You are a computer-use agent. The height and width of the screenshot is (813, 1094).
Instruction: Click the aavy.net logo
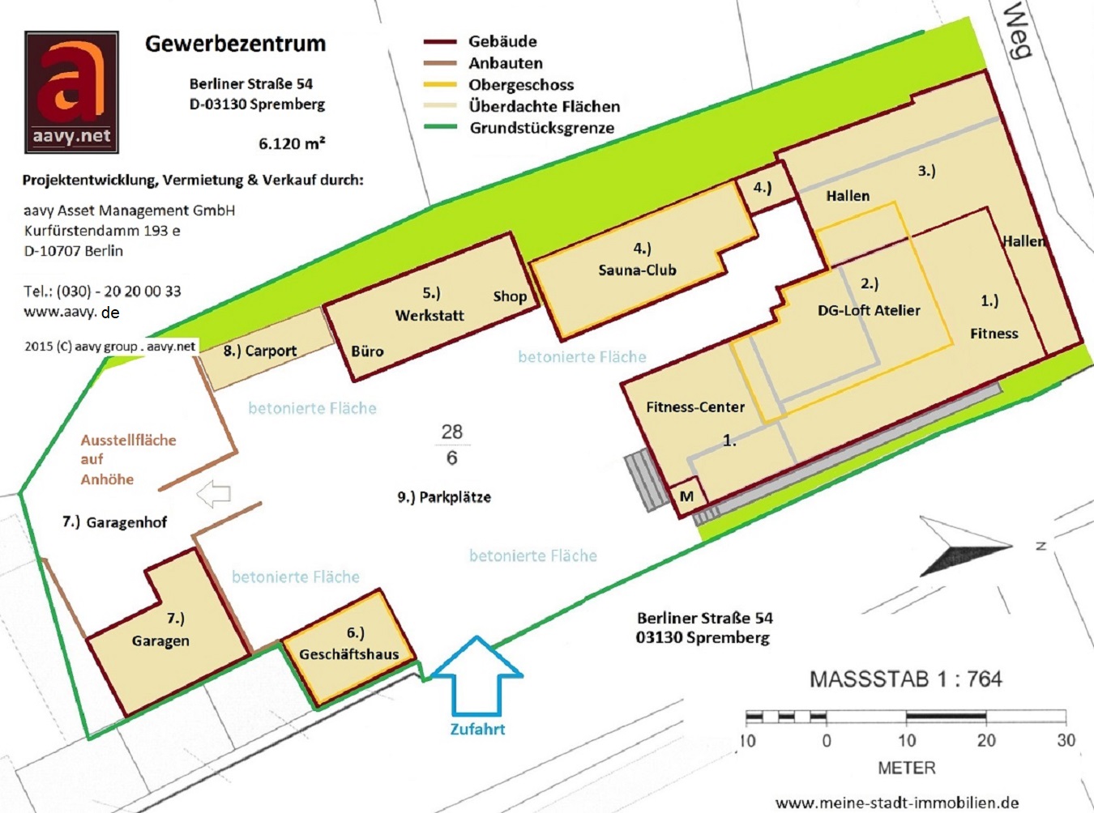click(72, 92)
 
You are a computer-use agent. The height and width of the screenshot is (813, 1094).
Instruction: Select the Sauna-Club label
click(637, 270)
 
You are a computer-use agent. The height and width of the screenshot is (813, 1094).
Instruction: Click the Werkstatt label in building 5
click(429, 316)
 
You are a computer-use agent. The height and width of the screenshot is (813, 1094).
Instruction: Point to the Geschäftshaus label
click(349, 654)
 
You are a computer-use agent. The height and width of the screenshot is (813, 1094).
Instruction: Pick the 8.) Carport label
click(260, 351)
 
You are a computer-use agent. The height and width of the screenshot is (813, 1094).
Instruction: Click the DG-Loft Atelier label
click(869, 310)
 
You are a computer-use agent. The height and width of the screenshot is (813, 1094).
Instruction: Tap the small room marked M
click(686, 496)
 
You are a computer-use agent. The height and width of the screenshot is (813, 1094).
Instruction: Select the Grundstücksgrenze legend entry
click(541, 128)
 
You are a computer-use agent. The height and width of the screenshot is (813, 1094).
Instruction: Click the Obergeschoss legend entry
click(520, 85)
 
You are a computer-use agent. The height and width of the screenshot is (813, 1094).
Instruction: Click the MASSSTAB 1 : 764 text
click(905, 679)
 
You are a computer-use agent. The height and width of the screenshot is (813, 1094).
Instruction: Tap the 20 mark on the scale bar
click(986, 740)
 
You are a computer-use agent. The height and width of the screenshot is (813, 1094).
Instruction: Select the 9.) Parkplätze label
click(444, 497)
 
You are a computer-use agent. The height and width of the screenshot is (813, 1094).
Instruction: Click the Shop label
click(510, 296)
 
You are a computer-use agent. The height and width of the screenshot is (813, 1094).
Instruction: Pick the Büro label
click(367, 351)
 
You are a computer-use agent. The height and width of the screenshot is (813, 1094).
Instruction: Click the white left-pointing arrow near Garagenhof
click(214, 493)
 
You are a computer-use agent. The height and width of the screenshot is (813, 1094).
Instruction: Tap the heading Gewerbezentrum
click(235, 44)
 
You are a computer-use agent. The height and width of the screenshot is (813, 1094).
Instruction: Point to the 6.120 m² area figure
click(292, 143)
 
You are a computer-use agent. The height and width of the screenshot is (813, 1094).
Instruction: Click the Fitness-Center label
click(694, 407)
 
